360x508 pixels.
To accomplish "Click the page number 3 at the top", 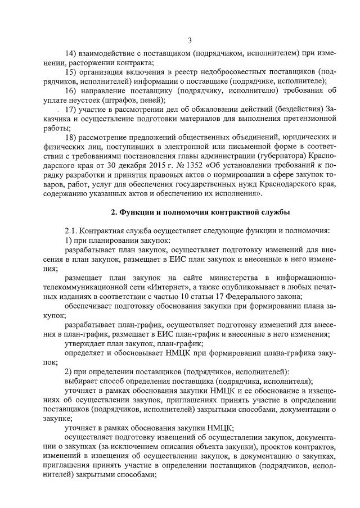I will (190, 40).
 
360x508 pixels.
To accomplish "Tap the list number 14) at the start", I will (71, 53).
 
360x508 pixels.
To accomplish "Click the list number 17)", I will (71, 109).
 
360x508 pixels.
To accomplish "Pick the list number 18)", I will (71, 137).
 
